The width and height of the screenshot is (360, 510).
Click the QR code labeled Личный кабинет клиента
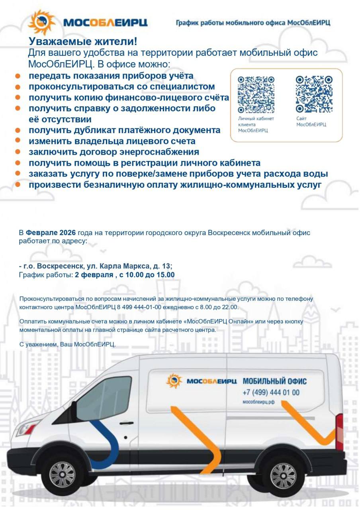click(256, 94)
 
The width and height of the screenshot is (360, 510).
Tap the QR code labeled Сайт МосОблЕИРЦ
click(314, 94)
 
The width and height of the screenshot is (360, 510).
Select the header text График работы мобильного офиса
click(253, 23)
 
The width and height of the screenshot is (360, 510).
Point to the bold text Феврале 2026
click(51, 232)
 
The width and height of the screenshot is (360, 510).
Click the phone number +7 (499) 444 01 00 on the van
click(271, 392)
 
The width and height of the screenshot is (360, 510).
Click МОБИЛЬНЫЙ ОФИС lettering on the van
click(275, 381)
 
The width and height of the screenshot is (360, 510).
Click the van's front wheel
click(63, 474)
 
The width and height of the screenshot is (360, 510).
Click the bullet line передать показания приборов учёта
click(111, 76)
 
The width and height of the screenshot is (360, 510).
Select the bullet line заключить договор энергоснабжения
click(113, 152)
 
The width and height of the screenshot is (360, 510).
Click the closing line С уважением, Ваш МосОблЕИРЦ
click(67, 344)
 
